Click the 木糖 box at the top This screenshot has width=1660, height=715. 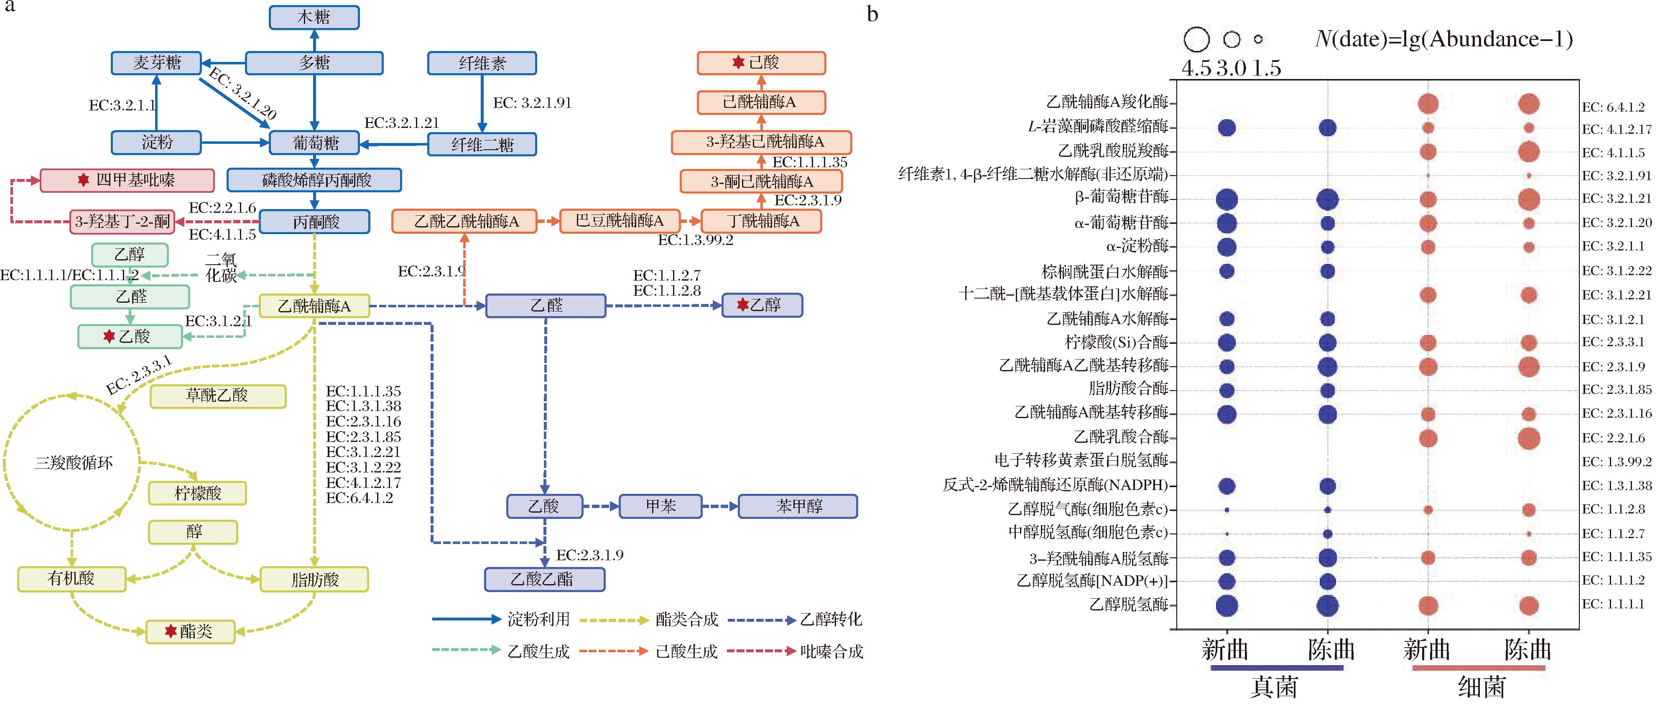(314, 18)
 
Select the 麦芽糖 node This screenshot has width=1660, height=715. (157, 63)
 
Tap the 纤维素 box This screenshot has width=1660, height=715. (482, 63)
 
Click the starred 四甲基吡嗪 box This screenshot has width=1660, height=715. (127, 181)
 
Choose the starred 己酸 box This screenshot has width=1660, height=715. (761, 63)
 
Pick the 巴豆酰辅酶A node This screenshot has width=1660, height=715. (619, 221)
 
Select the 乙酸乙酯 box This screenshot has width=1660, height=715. (545, 580)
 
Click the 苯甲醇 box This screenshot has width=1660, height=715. (798, 506)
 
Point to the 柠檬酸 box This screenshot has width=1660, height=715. (197, 493)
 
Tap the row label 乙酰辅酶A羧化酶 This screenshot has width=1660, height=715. (1107, 102)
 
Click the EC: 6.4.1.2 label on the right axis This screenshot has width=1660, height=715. (1613, 107)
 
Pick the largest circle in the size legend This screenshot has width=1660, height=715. (1197, 39)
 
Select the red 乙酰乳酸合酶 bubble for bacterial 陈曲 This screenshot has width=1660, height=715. (1529, 439)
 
